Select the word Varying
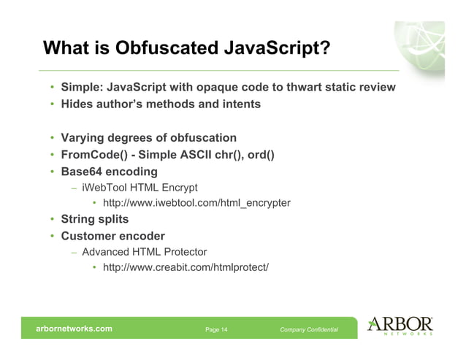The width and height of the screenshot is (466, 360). (x=84, y=138)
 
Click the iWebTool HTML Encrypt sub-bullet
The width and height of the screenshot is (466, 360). (x=140, y=188)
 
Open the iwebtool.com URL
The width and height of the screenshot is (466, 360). (x=196, y=202)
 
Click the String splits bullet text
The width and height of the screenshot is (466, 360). (x=94, y=219)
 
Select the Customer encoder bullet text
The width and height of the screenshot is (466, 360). (x=112, y=236)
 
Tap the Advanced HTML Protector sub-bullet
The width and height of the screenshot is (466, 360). (x=145, y=252)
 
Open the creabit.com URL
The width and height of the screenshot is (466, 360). (x=186, y=267)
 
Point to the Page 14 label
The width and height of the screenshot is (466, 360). (x=216, y=329)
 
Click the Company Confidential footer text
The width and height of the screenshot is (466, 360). (x=309, y=329)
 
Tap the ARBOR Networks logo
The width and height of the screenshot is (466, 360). (x=401, y=326)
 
